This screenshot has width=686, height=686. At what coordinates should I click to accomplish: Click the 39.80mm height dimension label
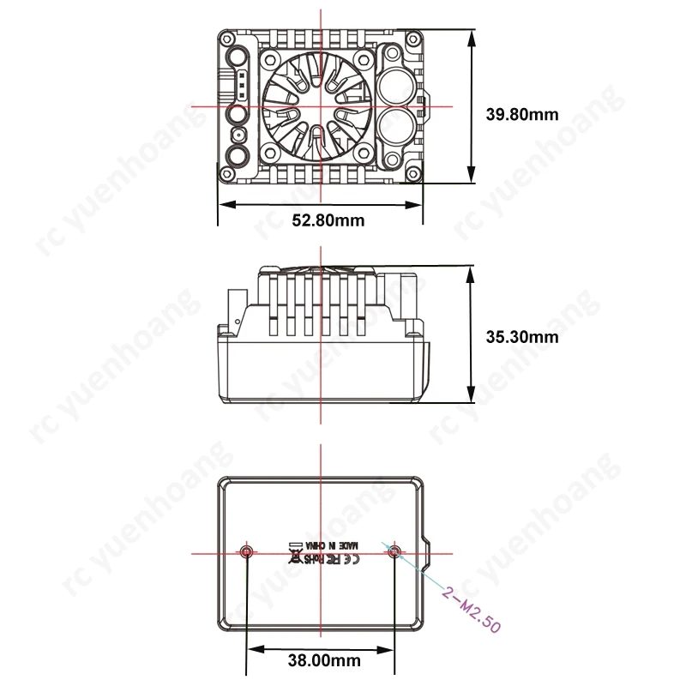tap(522, 114)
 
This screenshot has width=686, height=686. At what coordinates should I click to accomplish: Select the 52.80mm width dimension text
tap(328, 220)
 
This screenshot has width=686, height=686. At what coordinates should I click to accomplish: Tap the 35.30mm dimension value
tap(521, 337)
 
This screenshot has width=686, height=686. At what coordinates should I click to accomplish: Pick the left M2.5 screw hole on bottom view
tap(247, 551)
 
